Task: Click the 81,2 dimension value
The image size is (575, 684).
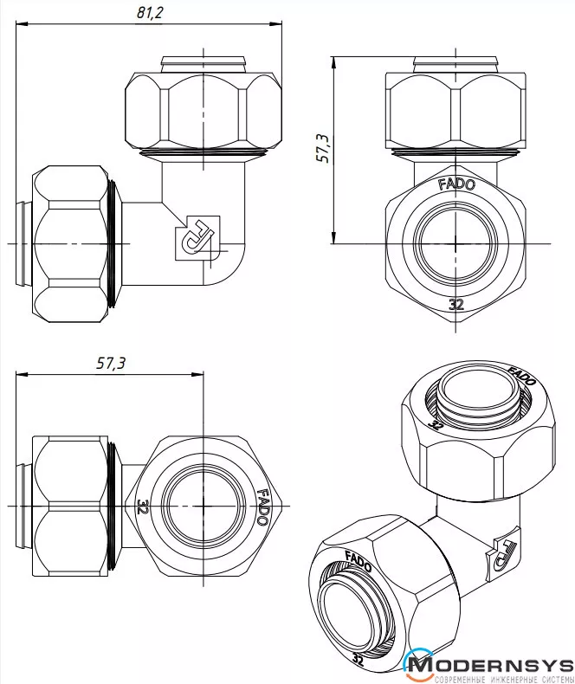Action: (x=150, y=12)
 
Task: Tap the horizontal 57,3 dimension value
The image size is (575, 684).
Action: (x=111, y=364)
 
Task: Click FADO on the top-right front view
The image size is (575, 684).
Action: (x=455, y=184)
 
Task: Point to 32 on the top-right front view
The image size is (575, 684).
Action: (x=456, y=304)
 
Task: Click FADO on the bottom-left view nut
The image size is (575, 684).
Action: (x=262, y=508)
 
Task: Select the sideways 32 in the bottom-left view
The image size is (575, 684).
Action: (x=143, y=505)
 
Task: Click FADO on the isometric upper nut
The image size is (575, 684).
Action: (x=521, y=377)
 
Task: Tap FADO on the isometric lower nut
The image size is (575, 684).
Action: (x=359, y=558)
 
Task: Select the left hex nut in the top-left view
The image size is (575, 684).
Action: (x=72, y=243)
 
